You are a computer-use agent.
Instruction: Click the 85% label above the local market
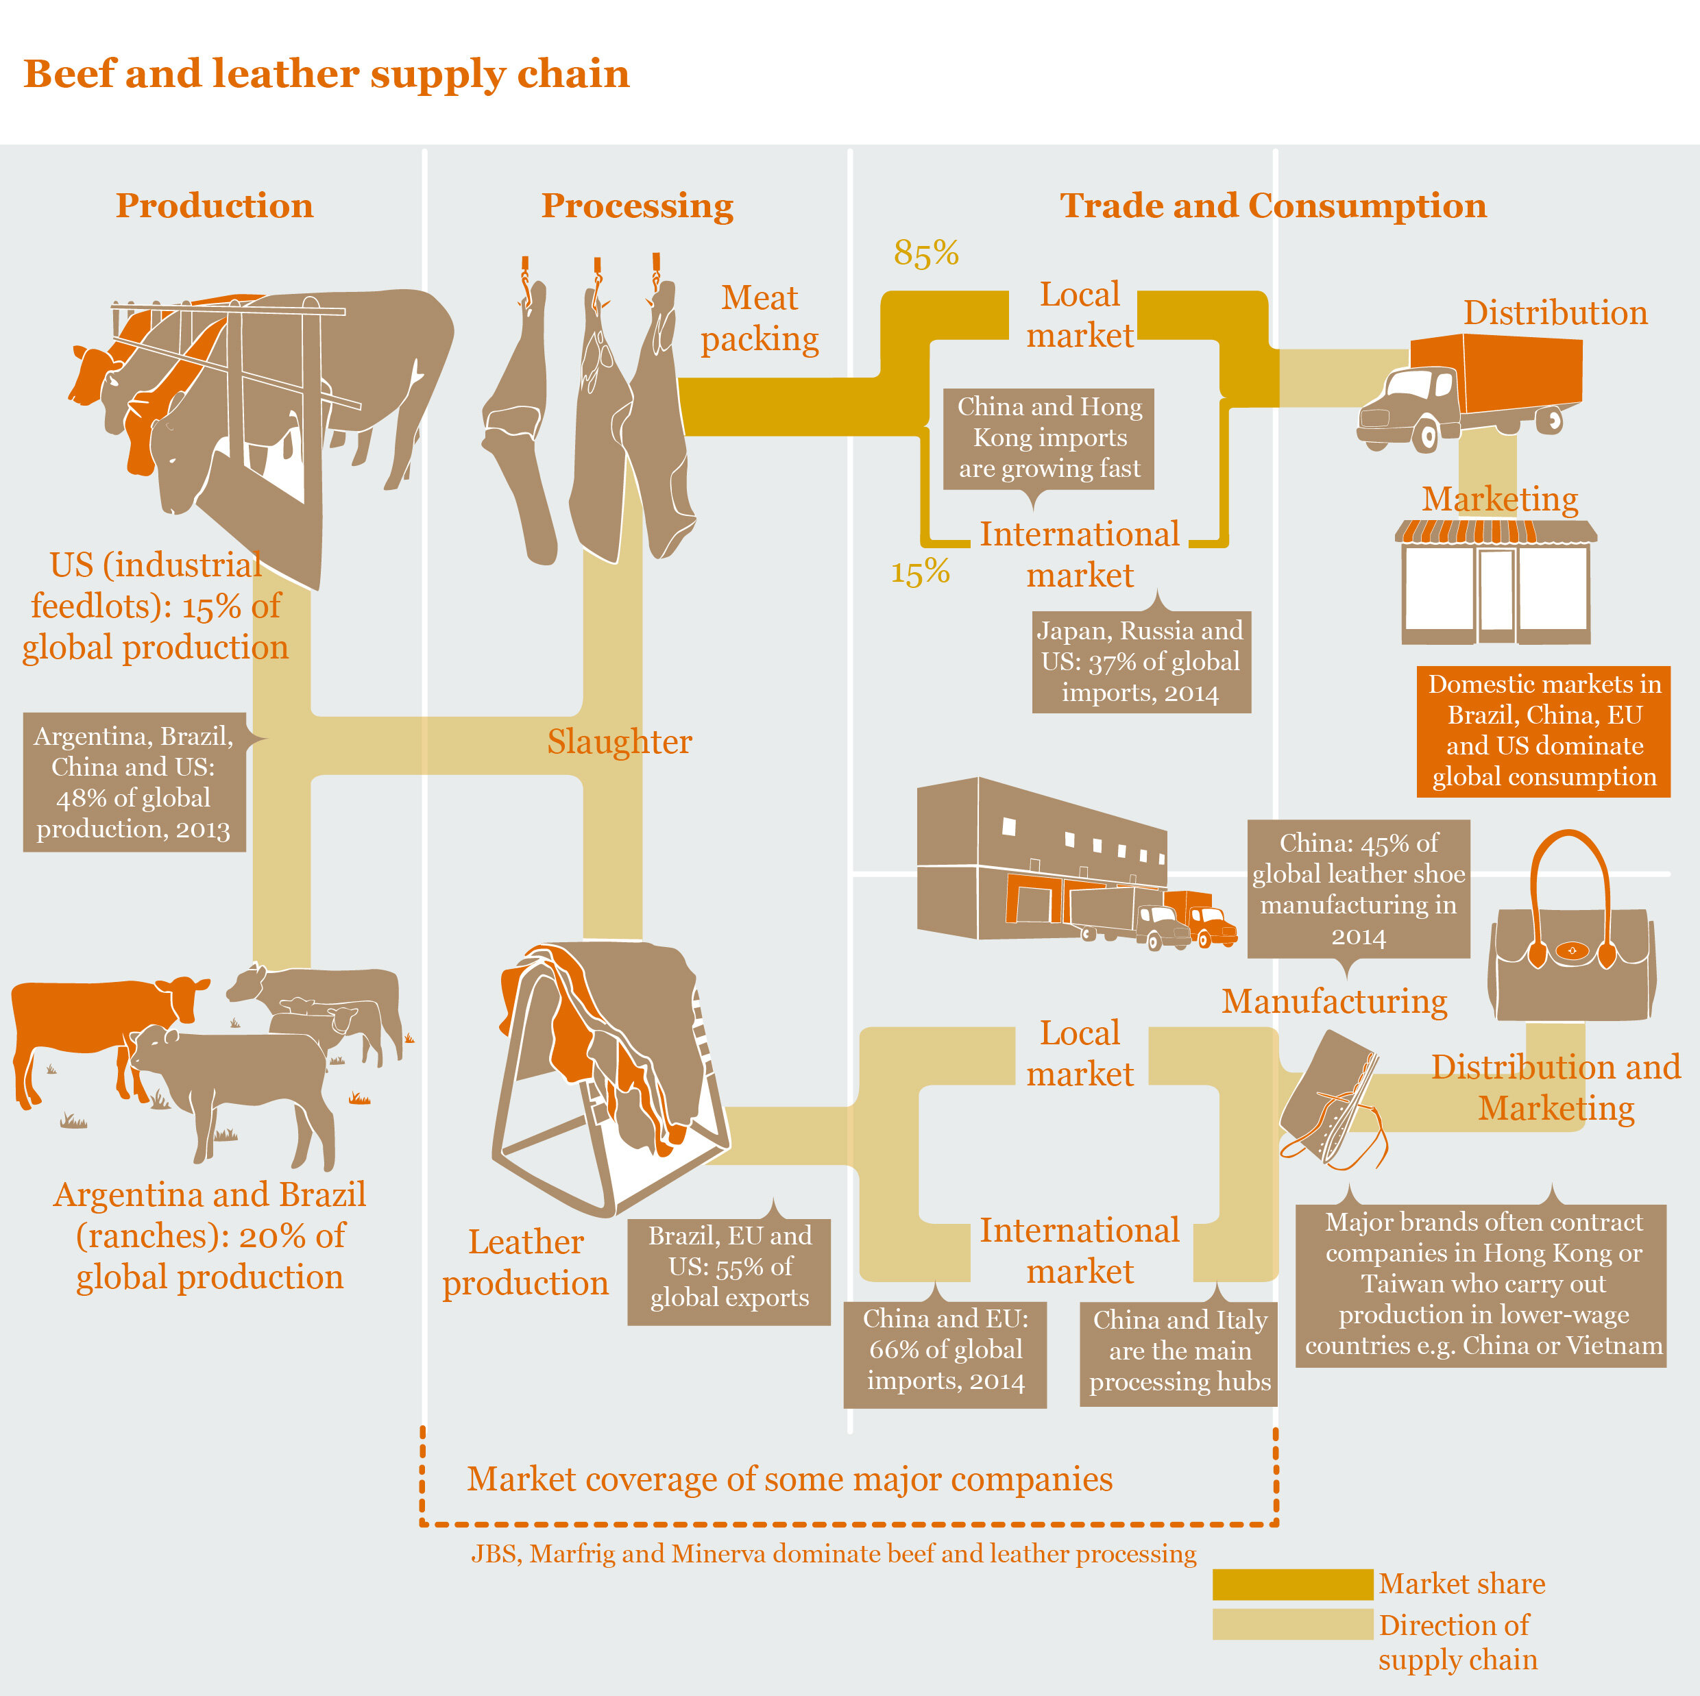(925, 254)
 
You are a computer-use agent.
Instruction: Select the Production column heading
(214, 206)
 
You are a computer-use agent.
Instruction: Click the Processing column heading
(637, 206)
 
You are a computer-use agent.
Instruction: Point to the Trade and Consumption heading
(1272, 206)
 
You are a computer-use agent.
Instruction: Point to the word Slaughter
(620, 741)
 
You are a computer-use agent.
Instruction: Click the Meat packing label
(760, 319)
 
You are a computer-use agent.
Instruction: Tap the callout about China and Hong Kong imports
(1049, 438)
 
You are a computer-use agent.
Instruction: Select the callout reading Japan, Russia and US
(1141, 661)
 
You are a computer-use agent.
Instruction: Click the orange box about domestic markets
(1544, 731)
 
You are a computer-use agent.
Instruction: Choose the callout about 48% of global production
(134, 782)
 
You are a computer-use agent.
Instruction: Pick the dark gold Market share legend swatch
(1291, 1584)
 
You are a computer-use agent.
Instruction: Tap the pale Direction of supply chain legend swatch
(1291, 1625)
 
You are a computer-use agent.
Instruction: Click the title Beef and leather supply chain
(326, 74)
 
